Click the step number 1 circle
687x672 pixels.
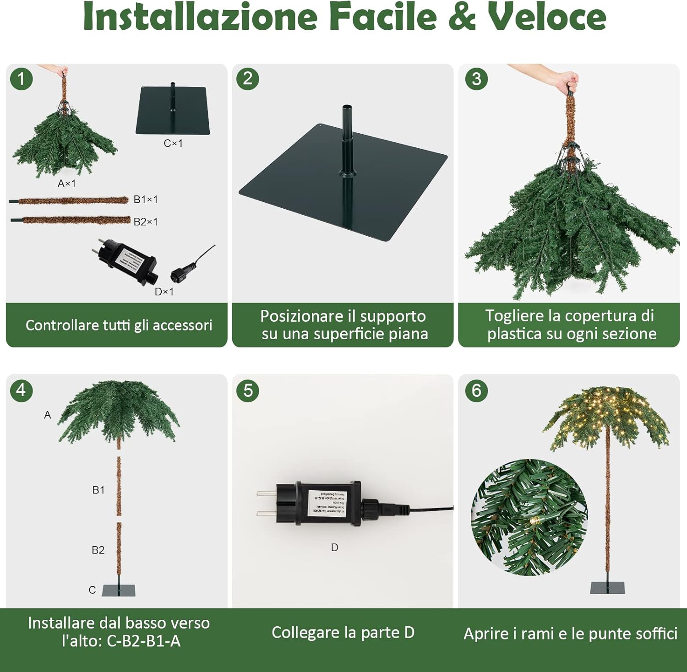pyautogui.click(x=21, y=79)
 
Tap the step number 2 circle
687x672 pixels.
pyautogui.click(x=248, y=79)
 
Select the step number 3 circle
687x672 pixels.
pyautogui.click(x=476, y=79)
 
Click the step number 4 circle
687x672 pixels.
pyautogui.click(x=21, y=390)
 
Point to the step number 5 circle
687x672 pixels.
pyautogui.click(x=248, y=390)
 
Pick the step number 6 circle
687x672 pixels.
pyautogui.click(x=476, y=390)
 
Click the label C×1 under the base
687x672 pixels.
pyautogui.click(x=173, y=143)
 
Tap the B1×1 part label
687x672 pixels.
pyautogui.click(x=146, y=200)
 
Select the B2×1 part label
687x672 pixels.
pyautogui.click(x=146, y=222)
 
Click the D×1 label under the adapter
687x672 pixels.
pyautogui.click(x=164, y=292)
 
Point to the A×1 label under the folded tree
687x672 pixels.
pyautogui.click(x=67, y=184)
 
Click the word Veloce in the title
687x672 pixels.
pyautogui.click(x=547, y=17)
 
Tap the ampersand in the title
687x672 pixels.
pyautogui.click(x=463, y=17)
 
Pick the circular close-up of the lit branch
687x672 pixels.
pyautogui.click(x=529, y=518)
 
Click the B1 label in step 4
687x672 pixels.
pyautogui.click(x=98, y=490)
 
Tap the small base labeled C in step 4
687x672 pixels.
pyautogui.click(x=119, y=590)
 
